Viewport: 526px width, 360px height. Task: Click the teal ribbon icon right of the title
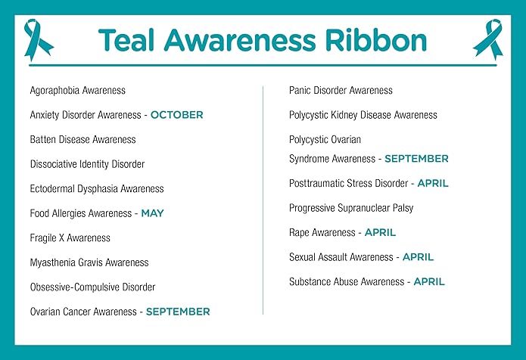487,39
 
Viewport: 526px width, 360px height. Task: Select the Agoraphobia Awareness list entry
77,91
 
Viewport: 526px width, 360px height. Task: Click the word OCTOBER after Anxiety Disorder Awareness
176,115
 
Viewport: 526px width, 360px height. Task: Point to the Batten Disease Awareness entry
82,140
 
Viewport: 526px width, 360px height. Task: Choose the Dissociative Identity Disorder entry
87,164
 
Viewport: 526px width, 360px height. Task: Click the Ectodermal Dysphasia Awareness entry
96,189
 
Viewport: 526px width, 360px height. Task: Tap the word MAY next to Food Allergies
152,213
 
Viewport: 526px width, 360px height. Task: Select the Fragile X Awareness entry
70,238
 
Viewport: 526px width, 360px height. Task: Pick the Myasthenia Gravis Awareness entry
89,262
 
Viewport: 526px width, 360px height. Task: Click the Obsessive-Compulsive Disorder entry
92,287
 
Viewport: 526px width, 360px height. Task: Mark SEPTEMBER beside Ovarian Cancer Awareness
178,312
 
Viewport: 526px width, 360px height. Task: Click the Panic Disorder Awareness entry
341,91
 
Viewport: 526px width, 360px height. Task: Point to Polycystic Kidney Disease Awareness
363,115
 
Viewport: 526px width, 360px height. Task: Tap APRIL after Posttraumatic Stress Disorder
432,183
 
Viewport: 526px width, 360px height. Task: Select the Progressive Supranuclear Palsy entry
351,208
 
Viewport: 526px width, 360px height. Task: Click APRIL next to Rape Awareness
380,232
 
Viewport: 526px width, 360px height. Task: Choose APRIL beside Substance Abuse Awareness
429,281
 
